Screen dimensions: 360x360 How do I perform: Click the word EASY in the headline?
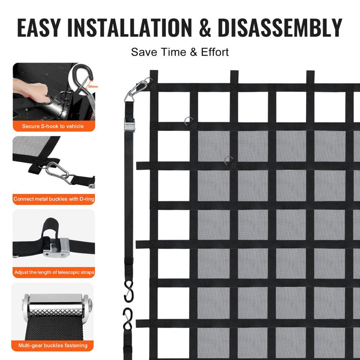pos(39,28)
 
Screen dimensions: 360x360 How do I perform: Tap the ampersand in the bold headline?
pos(205,28)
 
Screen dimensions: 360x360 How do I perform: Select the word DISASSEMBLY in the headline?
pos(280,28)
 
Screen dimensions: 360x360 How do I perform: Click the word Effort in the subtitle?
pos(215,52)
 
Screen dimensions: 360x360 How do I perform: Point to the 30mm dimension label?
pos(93,87)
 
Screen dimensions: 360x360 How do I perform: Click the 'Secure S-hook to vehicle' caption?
pos(53,126)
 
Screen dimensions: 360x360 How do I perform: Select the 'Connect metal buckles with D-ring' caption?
pos(54,199)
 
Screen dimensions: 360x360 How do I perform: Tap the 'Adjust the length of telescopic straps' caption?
pos(54,272)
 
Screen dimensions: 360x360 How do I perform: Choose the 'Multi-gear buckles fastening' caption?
pos(53,345)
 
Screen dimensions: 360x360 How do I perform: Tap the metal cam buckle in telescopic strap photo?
pos(56,248)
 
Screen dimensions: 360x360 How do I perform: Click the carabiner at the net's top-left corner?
pos(136,90)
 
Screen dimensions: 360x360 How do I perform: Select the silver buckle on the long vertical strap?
pos(130,125)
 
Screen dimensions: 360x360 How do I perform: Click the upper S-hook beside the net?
pos(129,291)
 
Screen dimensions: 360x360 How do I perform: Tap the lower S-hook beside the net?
pos(128,319)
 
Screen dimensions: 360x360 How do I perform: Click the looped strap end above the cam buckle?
pos(49,228)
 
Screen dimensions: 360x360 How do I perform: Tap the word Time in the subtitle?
pos(173,52)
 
